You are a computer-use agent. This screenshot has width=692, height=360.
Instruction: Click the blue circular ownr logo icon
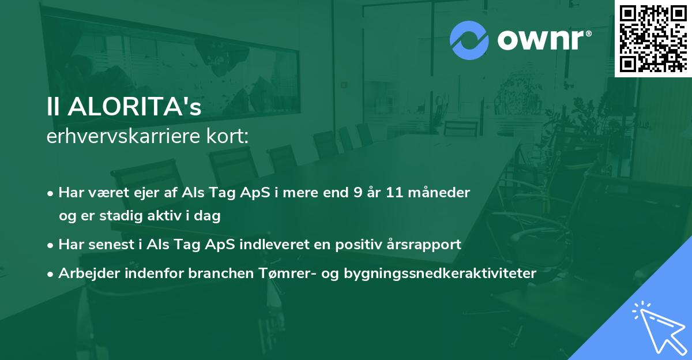469,40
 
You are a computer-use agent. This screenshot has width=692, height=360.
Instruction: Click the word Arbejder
84,273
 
